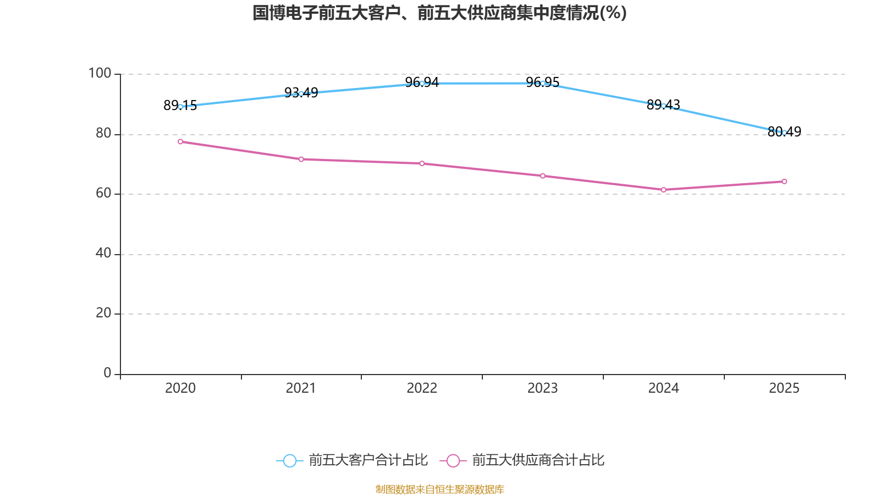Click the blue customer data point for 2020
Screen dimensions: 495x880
(180, 107)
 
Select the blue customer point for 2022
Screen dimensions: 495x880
(422, 83)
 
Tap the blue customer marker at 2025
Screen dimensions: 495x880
(784, 133)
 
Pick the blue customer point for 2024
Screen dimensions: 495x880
(663, 106)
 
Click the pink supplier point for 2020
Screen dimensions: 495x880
(180, 142)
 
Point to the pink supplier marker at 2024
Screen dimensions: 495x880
(663, 190)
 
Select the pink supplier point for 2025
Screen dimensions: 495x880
(784, 182)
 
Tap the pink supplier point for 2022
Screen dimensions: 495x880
(422, 163)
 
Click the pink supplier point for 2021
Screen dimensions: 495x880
(301, 159)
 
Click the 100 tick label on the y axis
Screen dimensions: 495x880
(100, 73)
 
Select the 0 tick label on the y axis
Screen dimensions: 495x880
(107, 373)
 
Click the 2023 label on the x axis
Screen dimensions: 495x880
(542, 388)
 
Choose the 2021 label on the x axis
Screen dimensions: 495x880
(301, 388)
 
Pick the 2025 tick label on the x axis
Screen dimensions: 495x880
(784, 388)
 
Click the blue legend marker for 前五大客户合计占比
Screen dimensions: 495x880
(289, 460)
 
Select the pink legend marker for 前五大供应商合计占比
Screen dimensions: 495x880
(453, 460)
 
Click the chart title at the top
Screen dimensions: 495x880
(439, 13)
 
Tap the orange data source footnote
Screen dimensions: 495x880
(439, 489)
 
